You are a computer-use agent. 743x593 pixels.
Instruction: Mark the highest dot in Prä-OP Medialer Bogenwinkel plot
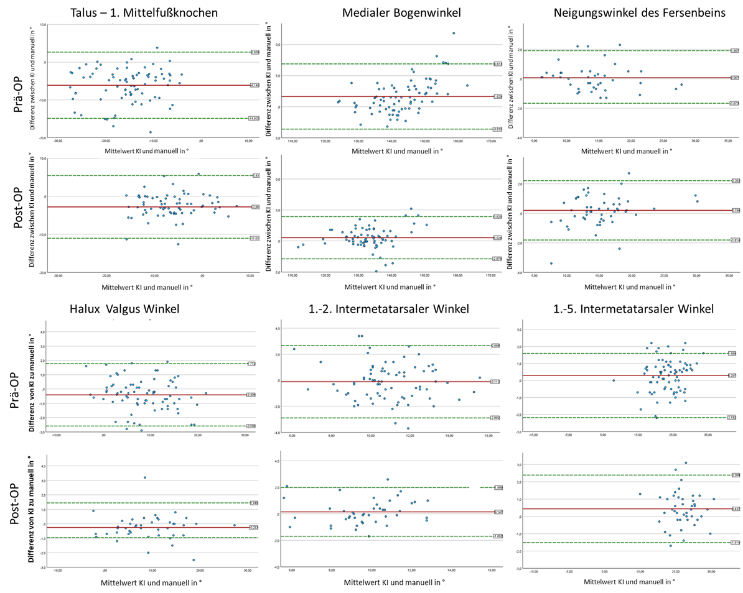pyautogui.click(x=454, y=34)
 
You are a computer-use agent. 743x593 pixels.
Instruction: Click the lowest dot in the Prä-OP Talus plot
pyautogui.click(x=150, y=132)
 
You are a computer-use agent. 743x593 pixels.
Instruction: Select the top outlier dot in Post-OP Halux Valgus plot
pyautogui.click(x=144, y=477)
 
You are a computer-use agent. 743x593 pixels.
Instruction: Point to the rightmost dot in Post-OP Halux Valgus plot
pyautogui.click(x=234, y=525)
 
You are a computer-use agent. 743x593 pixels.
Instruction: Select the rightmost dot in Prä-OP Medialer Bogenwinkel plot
pyautogui.click(x=467, y=85)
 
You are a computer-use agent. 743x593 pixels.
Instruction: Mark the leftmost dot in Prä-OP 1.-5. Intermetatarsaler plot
pyautogui.click(x=614, y=380)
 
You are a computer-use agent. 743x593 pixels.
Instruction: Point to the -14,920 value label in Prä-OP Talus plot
pyautogui.click(x=254, y=118)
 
